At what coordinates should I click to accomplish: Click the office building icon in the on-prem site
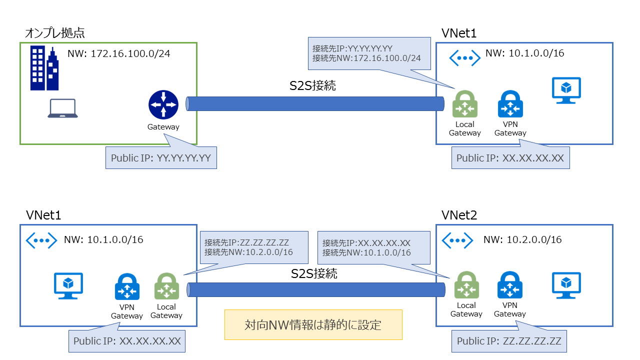point(44,68)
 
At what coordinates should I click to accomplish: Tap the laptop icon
point(62,108)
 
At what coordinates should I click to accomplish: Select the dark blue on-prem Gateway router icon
point(163,104)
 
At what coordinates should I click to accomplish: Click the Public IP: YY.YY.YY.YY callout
point(161,158)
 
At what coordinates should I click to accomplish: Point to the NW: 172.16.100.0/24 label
point(118,53)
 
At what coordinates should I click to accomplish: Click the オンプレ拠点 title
point(54,33)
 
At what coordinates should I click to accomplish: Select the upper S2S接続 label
point(312,85)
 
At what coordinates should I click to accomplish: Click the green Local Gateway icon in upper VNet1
point(464,104)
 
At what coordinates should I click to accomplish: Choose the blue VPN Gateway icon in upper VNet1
point(510,104)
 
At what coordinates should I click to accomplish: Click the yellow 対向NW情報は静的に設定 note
point(313,325)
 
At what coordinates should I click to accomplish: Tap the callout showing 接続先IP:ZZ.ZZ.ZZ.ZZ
point(254,247)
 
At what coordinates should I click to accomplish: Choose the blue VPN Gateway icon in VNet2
point(510,285)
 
